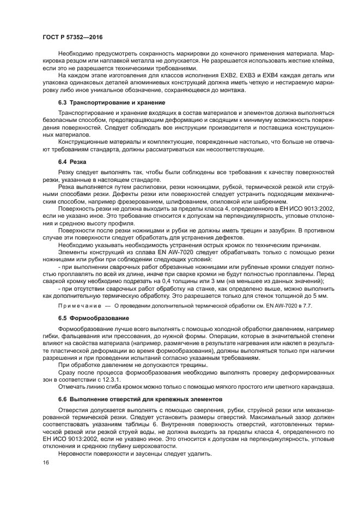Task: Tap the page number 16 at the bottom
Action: pos(45,463)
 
